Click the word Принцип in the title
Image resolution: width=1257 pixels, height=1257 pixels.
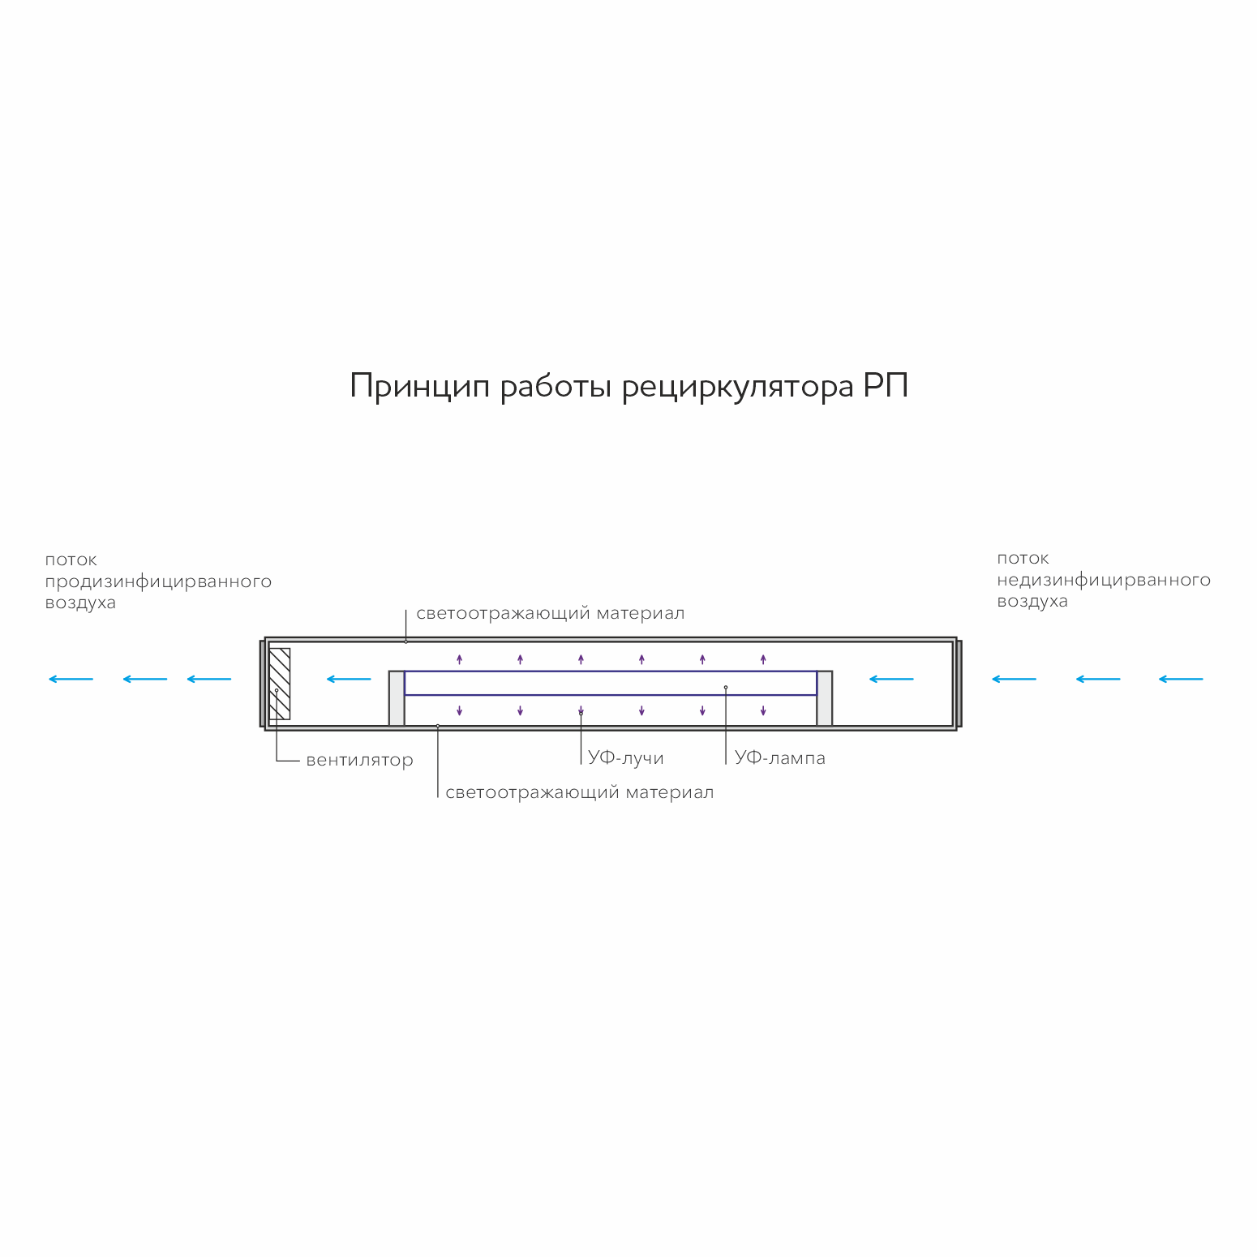(420, 387)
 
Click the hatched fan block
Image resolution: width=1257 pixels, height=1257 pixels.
(279, 684)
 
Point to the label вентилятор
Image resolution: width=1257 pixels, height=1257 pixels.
(360, 761)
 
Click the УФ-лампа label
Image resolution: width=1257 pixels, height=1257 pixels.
(780, 757)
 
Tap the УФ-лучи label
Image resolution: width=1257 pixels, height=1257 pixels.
(626, 758)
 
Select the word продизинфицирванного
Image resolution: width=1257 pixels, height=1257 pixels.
(158, 582)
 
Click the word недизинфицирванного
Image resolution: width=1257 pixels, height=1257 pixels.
(1104, 581)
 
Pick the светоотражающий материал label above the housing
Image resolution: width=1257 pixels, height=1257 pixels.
(551, 614)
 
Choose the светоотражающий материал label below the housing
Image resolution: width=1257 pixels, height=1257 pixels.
(580, 792)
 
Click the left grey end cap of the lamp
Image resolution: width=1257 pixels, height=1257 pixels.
(397, 698)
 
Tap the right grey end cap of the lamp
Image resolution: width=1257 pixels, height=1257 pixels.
(825, 698)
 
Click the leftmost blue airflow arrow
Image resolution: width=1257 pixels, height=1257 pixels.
(71, 679)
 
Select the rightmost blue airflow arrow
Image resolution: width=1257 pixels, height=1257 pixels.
(1181, 679)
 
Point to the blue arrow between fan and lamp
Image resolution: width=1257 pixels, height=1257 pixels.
(349, 679)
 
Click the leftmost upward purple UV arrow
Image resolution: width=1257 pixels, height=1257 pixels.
(459, 659)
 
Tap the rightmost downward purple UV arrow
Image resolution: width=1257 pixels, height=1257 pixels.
(763, 711)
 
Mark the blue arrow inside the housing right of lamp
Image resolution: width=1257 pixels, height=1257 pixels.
(891, 679)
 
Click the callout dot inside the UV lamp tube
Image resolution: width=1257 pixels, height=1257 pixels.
(726, 688)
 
